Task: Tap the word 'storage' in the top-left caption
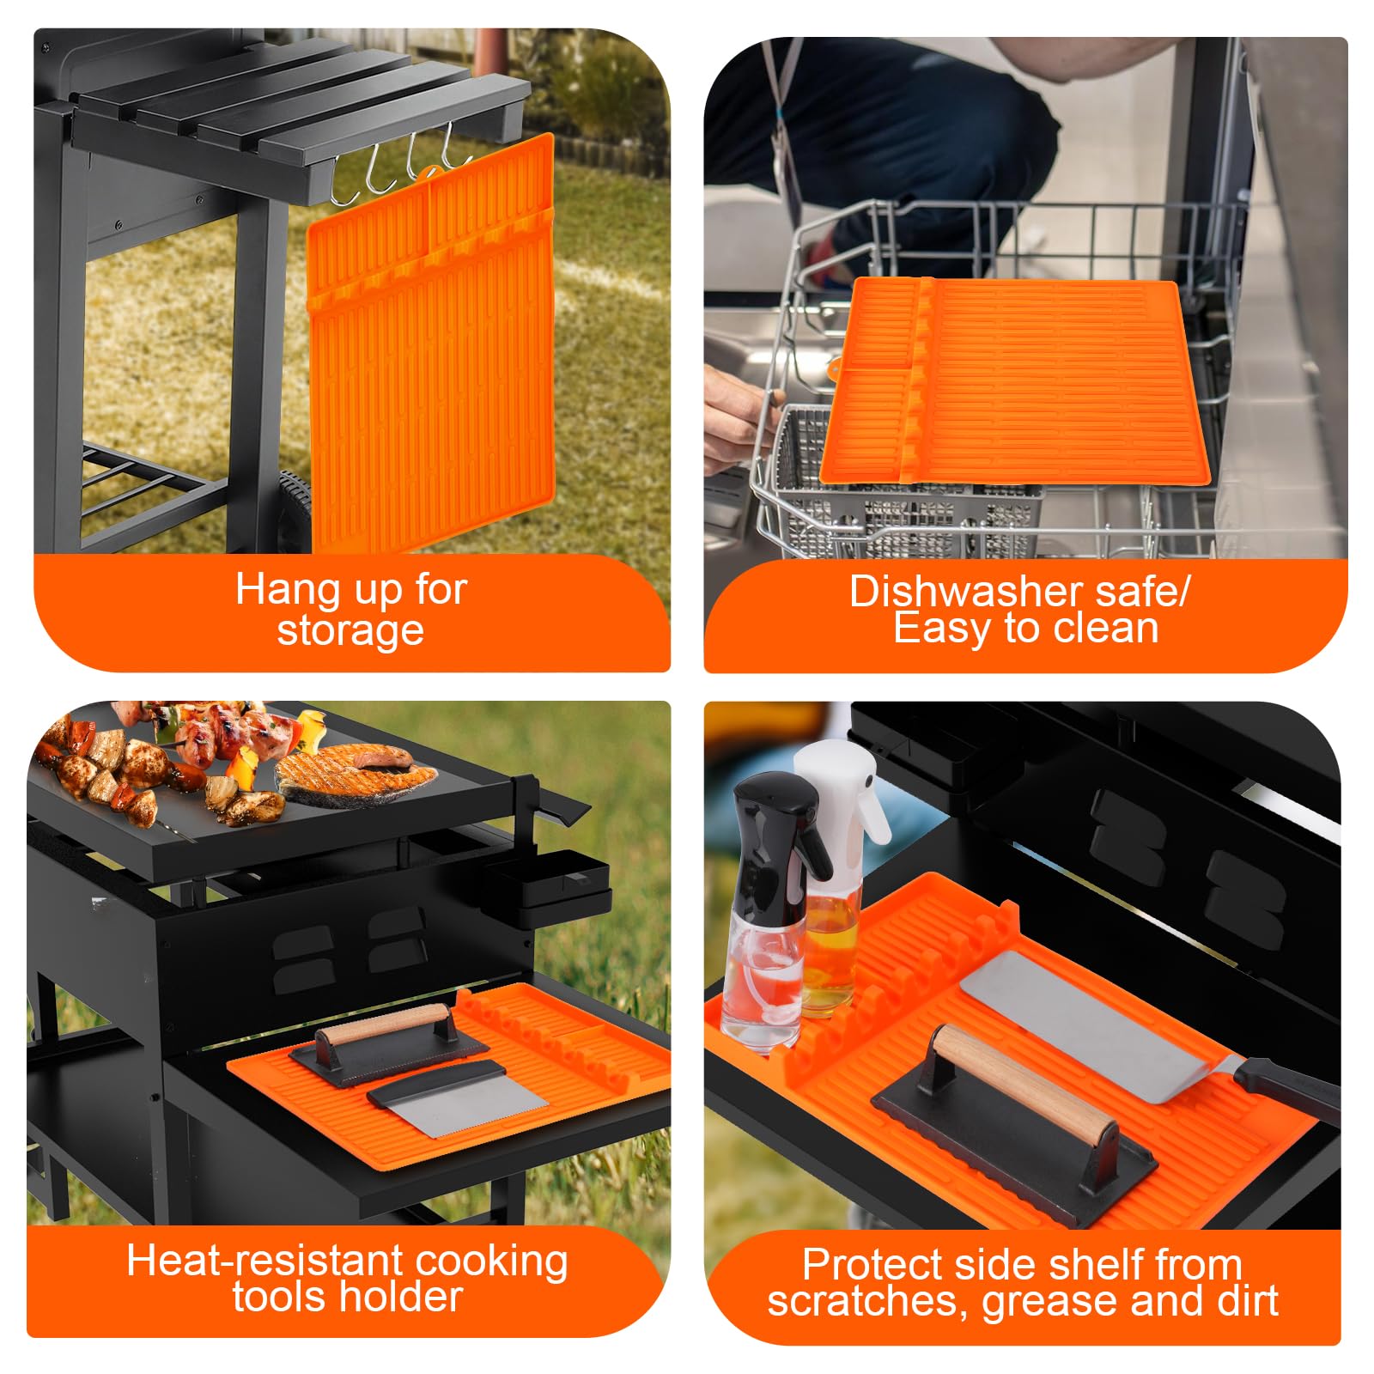[350, 631]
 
